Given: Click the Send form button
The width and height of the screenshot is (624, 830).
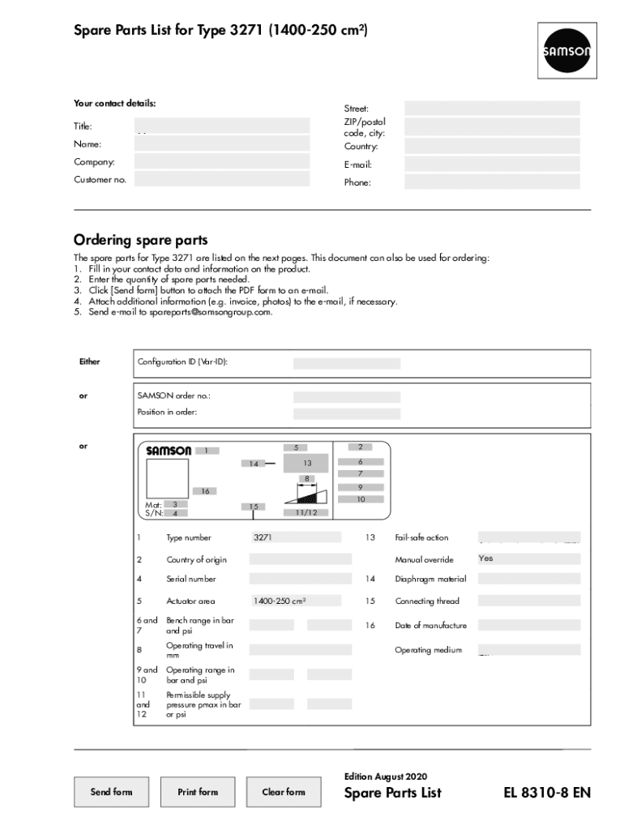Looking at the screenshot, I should click(111, 792).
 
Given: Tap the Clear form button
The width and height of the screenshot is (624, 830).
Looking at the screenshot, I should click(284, 792).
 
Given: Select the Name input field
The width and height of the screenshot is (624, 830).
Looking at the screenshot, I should click(222, 143).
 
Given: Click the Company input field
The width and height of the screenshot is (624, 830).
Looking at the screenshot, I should click(222, 161).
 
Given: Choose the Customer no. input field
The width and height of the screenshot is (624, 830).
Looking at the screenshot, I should click(222, 179).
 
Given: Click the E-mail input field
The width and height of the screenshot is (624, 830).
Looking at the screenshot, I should click(492, 164).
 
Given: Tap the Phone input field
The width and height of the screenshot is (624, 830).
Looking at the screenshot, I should click(492, 182).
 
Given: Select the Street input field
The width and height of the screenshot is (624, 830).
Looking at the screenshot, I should click(492, 108).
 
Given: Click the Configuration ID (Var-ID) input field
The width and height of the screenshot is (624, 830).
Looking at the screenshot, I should click(346, 364).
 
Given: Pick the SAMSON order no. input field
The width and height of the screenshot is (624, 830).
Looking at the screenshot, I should click(346, 397).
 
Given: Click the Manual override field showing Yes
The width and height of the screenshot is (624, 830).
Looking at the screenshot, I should click(528, 558).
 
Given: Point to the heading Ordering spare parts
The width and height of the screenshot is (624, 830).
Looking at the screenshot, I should click(141, 240).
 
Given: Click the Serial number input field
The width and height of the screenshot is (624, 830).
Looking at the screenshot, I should click(300, 579).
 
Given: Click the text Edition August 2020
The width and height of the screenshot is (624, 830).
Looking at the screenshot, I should click(386, 776).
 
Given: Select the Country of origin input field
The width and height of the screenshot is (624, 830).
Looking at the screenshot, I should click(300, 559).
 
